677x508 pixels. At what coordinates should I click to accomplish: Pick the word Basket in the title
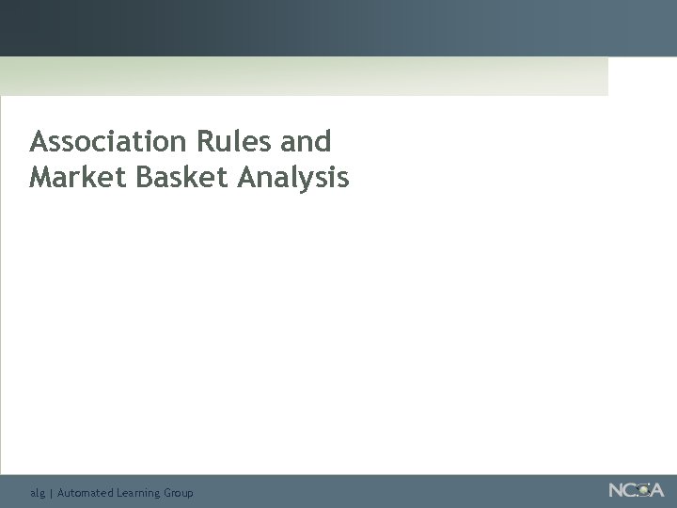pyautogui.click(x=182, y=177)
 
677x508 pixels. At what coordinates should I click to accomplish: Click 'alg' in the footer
pyautogui.click(x=37, y=493)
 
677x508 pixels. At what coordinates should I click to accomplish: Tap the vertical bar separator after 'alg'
pyautogui.click(x=51, y=493)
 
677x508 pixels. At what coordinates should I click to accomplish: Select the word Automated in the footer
pyautogui.click(x=85, y=492)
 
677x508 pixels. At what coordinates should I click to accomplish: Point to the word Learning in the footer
pyautogui.click(x=137, y=493)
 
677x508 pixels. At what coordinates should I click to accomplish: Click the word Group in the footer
pyautogui.click(x=179, y=493)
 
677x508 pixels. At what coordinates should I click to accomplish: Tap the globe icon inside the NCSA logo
pyautogui.click(x=644, y=490)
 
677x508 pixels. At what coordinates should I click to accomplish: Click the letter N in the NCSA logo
pyautogui.click(x=616, y=490)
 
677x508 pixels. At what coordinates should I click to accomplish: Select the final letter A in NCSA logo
pyautogui.click(x=656, y=490)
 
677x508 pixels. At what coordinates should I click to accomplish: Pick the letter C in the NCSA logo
pyautogui.click(x=631, y=490)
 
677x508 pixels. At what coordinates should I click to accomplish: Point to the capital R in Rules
pyautogui.click(x=205, y=142)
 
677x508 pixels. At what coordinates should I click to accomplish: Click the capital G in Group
pyautogui.click(x=167, y=492)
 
